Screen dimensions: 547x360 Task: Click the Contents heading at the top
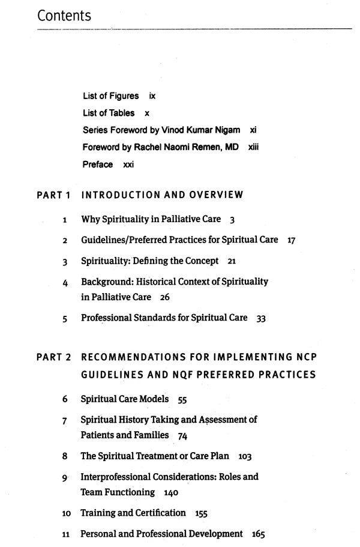coord(64,16)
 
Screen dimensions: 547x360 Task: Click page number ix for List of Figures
coord(152,96)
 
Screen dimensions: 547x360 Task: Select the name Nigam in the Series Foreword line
coord(228,130)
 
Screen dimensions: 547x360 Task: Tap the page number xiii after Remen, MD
coord(253,147)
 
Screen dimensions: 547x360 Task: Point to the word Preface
coord(98,165)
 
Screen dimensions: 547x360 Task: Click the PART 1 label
coord(53,195)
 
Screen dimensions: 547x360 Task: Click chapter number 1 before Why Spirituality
coord(64,220)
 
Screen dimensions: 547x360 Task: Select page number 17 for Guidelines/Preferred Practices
coord(292,240)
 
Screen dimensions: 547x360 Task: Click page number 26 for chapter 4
coord(165,297)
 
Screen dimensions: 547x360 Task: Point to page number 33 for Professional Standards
coord(261,318)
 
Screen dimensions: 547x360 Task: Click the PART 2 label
coord(53,357)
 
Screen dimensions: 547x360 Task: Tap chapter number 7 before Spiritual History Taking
coord(64,420)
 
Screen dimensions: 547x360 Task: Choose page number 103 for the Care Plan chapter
coord(245,456)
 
